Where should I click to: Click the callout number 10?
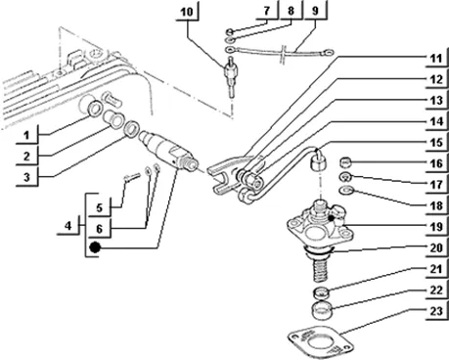pyautogui.click(x=187, y=12)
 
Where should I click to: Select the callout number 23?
pyautogui.click(x=436, y=311)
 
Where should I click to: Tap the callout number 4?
pyautogui.click(x=67, y=226)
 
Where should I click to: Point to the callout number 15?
pyautogui.click(x=436, y=143)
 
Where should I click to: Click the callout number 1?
pyautogui.click(x=26, y=135)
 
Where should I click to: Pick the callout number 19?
pyautogui.click(x=436, y=226)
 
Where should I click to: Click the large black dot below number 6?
pyautogui.click(x=95, y=247)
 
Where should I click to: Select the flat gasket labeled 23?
pyautogui.click(x=320, y=342)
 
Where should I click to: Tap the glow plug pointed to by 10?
pyautogui.click(x=230, y=76)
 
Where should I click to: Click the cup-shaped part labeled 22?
pyautogui.click(x=321, y=311)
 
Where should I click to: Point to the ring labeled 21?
pyautogui.click(x=321, y=292)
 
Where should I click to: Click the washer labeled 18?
pyautogui.click(x=346, y=190)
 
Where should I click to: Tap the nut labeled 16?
pyautogui.click(x=346, y=161)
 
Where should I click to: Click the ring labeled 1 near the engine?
pyautogui.click(x=95, y=109)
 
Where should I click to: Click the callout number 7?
pyautogui.click(x=267, y=11)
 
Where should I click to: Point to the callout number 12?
pyautogui.click(x=436, y=79)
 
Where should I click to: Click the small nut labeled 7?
pyautogui.click(x=230, y=31)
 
